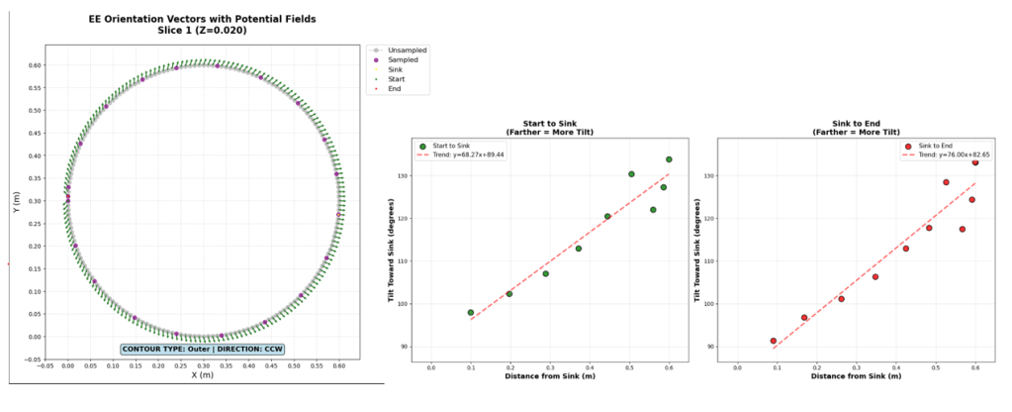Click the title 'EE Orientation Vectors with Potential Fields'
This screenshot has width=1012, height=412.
pos(201,18)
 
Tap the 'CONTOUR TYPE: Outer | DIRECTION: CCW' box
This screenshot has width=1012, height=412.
pos(201,349)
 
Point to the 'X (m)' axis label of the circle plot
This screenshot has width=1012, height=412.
pos(201,375)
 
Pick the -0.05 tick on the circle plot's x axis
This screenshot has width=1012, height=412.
pos(45,365)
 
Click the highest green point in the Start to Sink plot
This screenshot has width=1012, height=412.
pos(669,159)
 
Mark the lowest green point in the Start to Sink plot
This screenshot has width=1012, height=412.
pos(471,312)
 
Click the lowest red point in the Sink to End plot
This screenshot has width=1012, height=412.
pos(773,341)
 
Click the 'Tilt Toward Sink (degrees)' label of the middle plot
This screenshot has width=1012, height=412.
pos(395,253)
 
